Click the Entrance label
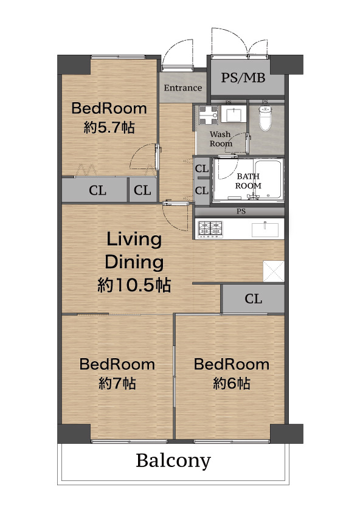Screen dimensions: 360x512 click(182, 88)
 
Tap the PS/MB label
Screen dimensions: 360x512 click(243, 78)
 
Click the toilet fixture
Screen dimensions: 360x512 click(265, 118)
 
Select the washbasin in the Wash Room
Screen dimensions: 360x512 click(234, 114)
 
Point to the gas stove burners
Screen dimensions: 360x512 click(210, 229)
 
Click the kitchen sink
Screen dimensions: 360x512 click(265, 229)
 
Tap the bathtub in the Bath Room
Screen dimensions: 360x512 click(268, 179)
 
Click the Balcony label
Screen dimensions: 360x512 click(173, 461)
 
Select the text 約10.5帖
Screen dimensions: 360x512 click(134, 285)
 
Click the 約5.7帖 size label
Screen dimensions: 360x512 click(109, 127)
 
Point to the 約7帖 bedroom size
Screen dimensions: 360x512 click(117, 383)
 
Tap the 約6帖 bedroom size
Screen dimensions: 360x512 click(232, 383)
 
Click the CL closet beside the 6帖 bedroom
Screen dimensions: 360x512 click(253, 299)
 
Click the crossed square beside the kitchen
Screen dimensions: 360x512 click(274, 271)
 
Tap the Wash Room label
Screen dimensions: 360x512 click(221, 139)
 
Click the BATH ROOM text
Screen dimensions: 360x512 click(248, 181)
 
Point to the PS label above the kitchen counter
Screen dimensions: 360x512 click(241, 212)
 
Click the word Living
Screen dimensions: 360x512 click(134, 240)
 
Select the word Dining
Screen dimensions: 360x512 click(134, 262)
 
